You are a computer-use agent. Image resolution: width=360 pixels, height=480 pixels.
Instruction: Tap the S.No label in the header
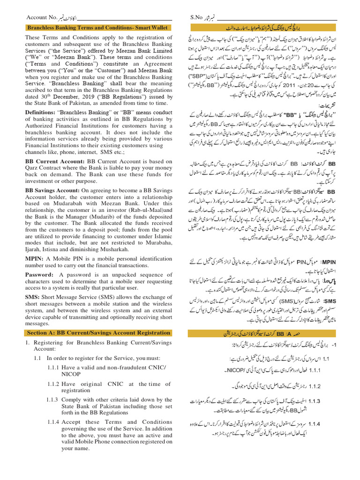click(196, 17)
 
